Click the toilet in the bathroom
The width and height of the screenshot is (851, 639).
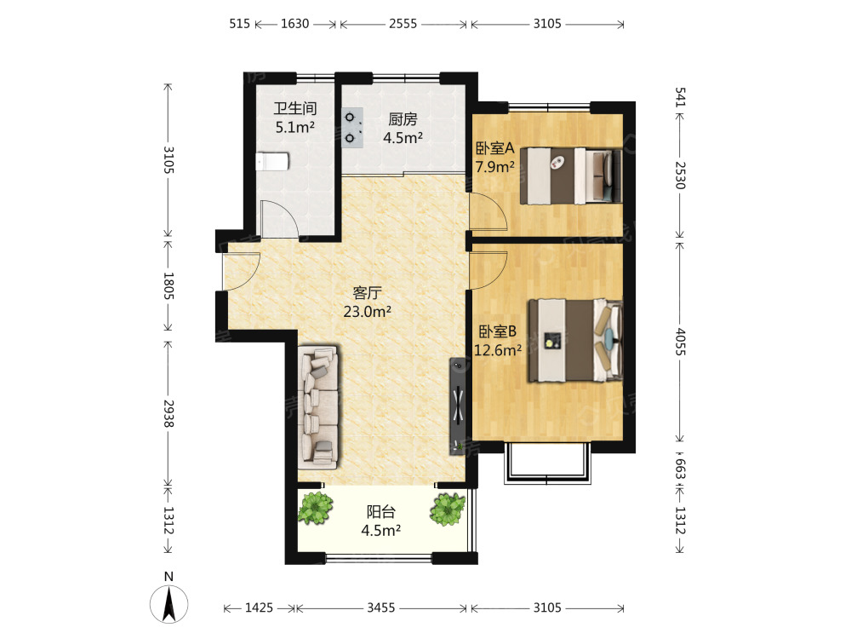272,161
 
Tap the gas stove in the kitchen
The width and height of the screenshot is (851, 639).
351,128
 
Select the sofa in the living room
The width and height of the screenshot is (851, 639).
318,406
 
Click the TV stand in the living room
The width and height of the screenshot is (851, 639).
458,406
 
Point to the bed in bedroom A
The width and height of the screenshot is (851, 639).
571,176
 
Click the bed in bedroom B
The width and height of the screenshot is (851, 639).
575,340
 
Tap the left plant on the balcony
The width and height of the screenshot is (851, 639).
315,508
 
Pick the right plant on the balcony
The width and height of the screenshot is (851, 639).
448,509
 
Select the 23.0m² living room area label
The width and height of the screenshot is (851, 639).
368,312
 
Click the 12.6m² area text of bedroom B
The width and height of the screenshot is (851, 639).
498,350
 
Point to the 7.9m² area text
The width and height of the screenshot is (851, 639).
495,167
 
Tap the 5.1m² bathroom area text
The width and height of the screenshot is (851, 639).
295,128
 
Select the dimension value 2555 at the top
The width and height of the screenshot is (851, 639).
403,24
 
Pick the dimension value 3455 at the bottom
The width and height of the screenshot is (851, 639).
381,607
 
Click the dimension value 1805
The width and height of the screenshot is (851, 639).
168,285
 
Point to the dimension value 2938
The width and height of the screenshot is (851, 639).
168,413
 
